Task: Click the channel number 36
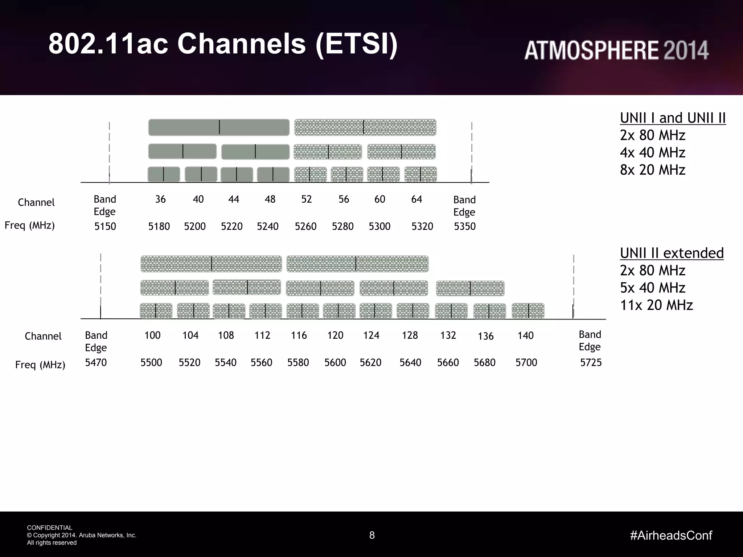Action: click(x=160, y=199)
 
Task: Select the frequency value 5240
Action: click(x=268, y=226)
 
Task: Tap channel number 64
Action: click(x=416, y=199)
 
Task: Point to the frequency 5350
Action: click(x=465, y=226)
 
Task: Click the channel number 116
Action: click(x=299, y=335)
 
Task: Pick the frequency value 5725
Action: click(x=591, y=362)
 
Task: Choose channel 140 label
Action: click(x=525, y=335)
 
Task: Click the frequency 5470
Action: click(x=96, y=362)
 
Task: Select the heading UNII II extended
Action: click(x=672, y=253)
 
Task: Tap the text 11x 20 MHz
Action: click(x=656, y=305)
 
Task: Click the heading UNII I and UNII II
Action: click(x=673, y=118)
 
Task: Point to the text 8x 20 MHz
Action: click(x=652, y=170)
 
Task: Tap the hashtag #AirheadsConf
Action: click(x=671, y=535)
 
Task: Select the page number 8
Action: click(x=372, y=535)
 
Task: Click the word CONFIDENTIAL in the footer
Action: click(x=50, y=528)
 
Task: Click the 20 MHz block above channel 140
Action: click(x=528, y=311)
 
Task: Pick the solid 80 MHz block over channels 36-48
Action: click(x=219, y=127)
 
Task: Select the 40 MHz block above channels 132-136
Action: click(x=470, y=288)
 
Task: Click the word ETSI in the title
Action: click(x=356, y=44)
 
